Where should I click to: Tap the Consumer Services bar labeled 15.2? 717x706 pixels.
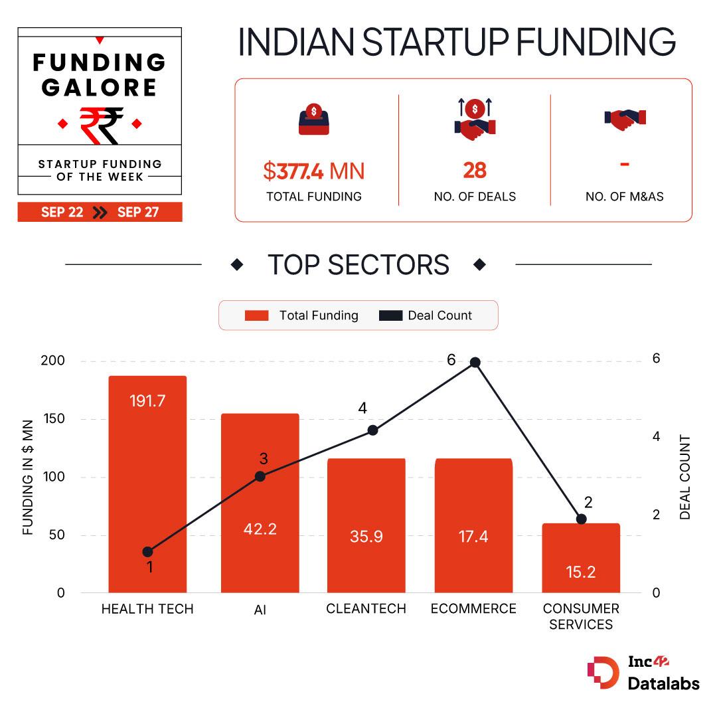[x=581, y=558]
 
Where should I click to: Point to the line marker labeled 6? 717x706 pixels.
[x=475, y=363]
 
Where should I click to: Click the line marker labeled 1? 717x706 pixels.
[x=148, y=552]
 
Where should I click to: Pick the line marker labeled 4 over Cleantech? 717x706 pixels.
[x=372, y=430]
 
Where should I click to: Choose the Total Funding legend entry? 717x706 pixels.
[x=301, y=315]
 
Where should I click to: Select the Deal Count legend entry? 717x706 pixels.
[x=426, y=315]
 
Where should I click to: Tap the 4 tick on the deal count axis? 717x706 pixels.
[x=657, y=436]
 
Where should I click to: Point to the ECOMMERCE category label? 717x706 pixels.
[x=473, y=608]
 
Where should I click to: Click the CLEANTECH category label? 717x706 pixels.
[x=366, y=608]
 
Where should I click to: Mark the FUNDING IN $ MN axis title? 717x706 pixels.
[x=28, y=477]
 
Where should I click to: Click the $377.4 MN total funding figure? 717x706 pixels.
[x=313, y=171]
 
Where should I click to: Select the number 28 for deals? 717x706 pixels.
[x=475, y=171]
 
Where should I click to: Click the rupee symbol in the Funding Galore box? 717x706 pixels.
[x=100, y=125]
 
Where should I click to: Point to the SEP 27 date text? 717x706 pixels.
[x=138, y=213]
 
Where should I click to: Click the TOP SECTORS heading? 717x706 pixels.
[x=358, y=264]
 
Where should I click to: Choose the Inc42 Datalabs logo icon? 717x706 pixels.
[x=603, y=673]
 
